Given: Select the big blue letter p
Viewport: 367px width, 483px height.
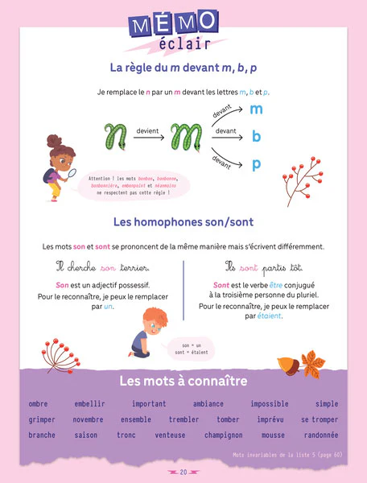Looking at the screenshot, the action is [x=256, y=165].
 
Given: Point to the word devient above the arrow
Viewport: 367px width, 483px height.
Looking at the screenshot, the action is [x=147, y=130].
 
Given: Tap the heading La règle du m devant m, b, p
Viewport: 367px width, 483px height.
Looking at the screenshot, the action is [x=183, y=68].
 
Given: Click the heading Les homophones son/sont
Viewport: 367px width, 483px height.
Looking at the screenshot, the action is [x=183, y=222].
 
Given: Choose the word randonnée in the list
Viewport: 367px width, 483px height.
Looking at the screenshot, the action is [x=321, y=436].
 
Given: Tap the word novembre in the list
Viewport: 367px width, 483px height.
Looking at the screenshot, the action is [x=89, y=419].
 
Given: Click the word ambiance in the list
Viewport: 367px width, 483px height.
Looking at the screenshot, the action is [x=208, y=404].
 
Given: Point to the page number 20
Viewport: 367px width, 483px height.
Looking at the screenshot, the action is [x=183, y=472].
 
